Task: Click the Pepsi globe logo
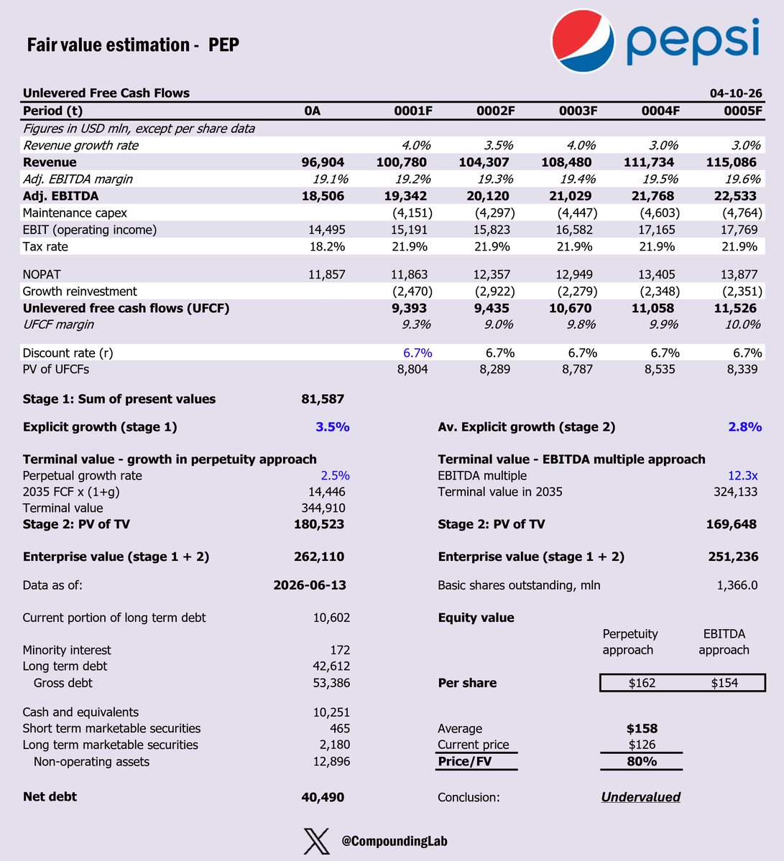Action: (x=583, y=41)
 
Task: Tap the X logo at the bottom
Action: (x=317, y=841)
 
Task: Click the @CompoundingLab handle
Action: (x=395, y=841)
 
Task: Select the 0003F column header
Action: (x=578, y=111)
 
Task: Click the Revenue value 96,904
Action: (x=323, y=162)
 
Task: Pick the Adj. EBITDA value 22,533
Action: (x=735, y=196)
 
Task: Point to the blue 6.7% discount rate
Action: (x=418, y=353)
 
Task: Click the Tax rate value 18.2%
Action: (x=327, y=246)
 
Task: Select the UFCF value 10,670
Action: (x=571, y=308)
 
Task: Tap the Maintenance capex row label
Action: (x=75, y=213)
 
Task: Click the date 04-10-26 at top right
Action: (x=736, y=93)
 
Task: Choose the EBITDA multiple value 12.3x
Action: (x=743, y=475)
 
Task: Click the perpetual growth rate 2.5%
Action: (x=335, y=475)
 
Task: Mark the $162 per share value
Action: (x=642, y=683)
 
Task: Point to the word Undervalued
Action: (x=640, y=797)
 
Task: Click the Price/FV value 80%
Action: (x=642, y=762)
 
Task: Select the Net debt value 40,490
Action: (x=323, y=797)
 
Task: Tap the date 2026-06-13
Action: (x=310, y=585)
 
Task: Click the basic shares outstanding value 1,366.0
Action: (x=737, y=585)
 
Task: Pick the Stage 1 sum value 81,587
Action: (x=323, y=399)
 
